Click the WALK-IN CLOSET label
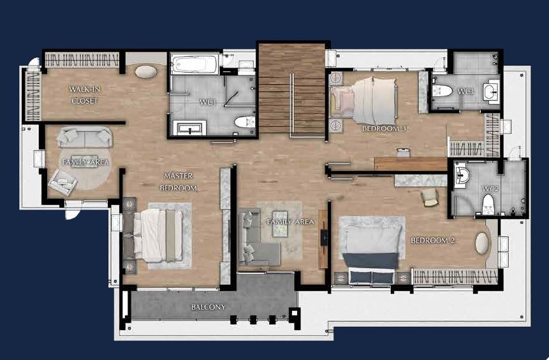pos(84,95)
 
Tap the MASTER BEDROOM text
pos(179,182)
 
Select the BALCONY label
pos(209,307)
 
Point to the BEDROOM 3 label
pos(385,129)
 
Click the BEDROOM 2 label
pos(433,240)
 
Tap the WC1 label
pos(208,102)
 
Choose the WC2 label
pos(490,189)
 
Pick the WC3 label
pos(465,92)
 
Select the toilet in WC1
pos(245,122)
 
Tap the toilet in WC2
pos(488,205)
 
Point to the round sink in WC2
pos(462,175)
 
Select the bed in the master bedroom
pos(158,235)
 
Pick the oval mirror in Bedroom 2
pos(482,243)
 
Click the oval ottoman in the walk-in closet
pos(146,71)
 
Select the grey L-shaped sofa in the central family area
pos(256,238)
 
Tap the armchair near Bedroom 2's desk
pos(430,198)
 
